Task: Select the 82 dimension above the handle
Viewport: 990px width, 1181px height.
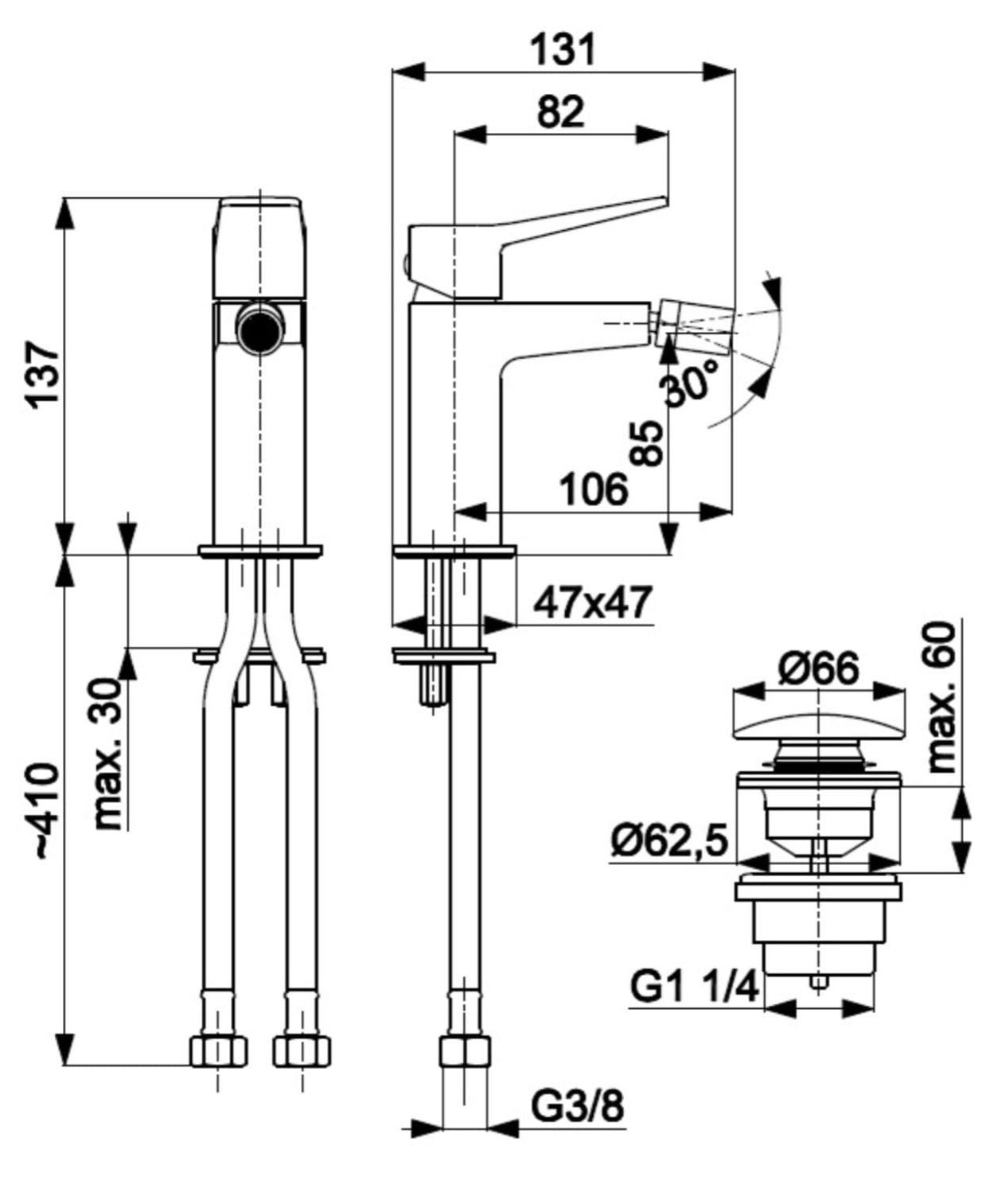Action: (560, 112)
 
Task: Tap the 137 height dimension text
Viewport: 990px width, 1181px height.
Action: (43, 372)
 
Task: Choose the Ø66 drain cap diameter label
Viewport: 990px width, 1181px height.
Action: (818, 669)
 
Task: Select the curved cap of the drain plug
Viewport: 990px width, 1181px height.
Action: (818, 715)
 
